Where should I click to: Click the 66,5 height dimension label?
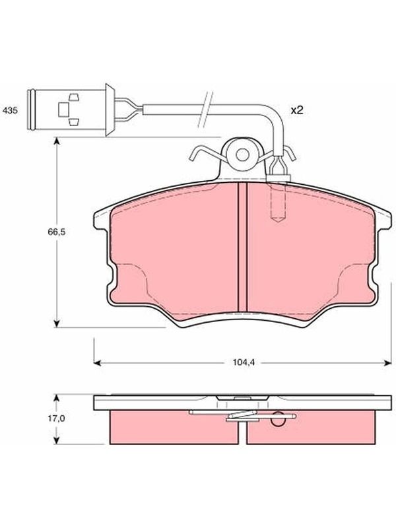coord(56,232)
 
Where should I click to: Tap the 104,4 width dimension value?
coord(243,362)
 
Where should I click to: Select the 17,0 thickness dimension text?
coord(56,418)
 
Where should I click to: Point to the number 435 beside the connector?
coord(10,110)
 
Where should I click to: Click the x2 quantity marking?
coord(297,110)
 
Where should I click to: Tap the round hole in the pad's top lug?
coord(242,155)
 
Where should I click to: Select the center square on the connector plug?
coord(63,110)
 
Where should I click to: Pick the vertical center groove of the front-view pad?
coord(242,247)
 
